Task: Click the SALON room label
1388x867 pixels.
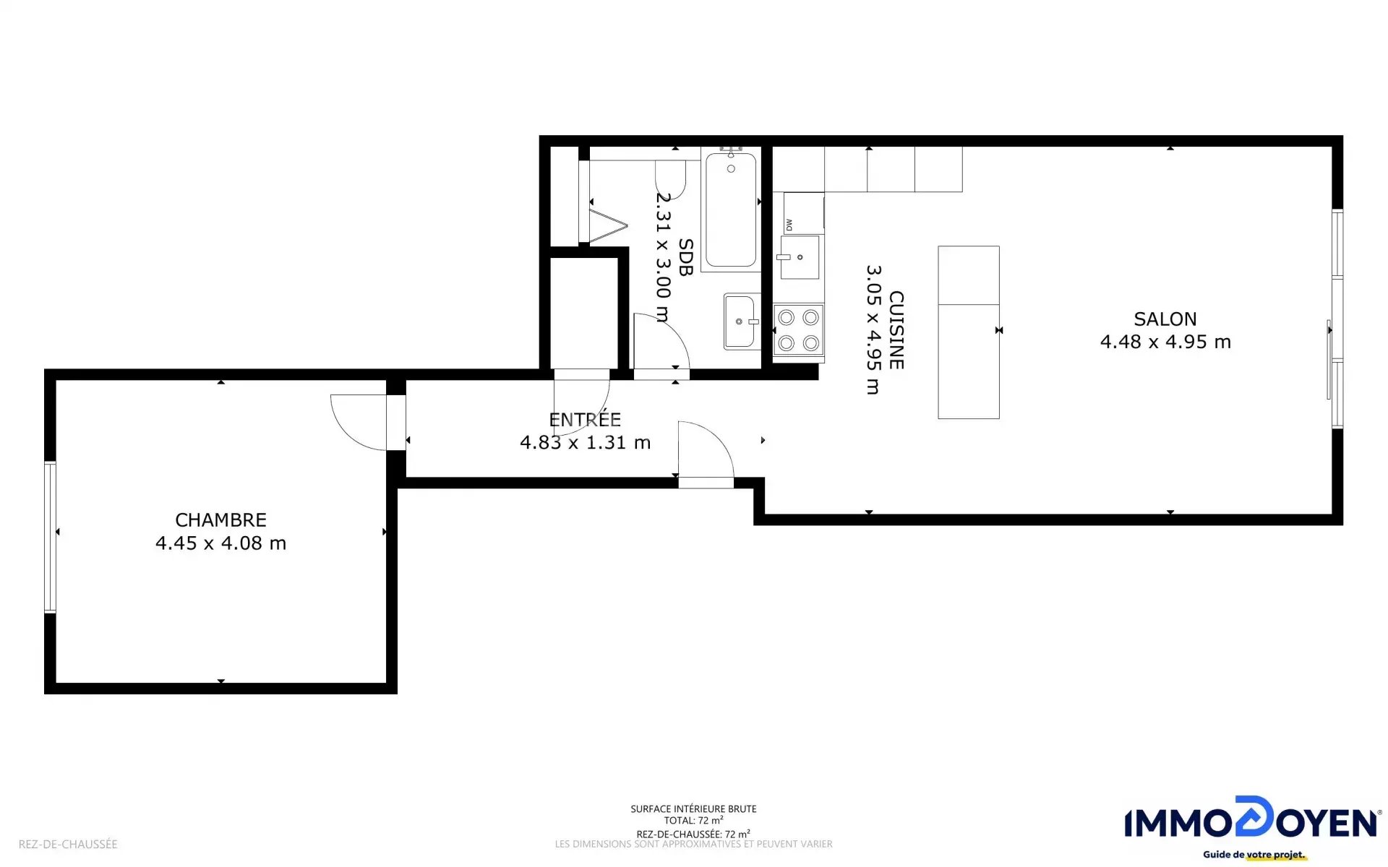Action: pos(1165,319)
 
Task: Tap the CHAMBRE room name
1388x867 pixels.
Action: pos(220,520)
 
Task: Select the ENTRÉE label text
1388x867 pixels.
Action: pos(585,419)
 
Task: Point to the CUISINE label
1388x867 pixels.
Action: pos(896,330)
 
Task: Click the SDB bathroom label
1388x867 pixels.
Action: pos(685,257)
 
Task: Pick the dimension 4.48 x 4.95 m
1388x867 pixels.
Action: pos(1165,342)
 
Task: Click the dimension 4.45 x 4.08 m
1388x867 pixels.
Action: pos(220,543)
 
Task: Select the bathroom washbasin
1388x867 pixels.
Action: pos(741,322)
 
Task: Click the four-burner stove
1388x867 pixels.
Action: pos(799,330)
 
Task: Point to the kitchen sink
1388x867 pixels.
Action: pos(800,257)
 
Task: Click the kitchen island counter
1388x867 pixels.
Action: pos(969,332)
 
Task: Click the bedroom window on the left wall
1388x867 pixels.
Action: pos(50,537)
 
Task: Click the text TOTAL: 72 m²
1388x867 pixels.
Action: pos(693,821)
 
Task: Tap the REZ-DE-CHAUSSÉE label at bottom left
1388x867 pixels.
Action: pos(68,844)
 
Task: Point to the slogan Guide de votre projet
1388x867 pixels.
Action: pos(1254,855)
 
